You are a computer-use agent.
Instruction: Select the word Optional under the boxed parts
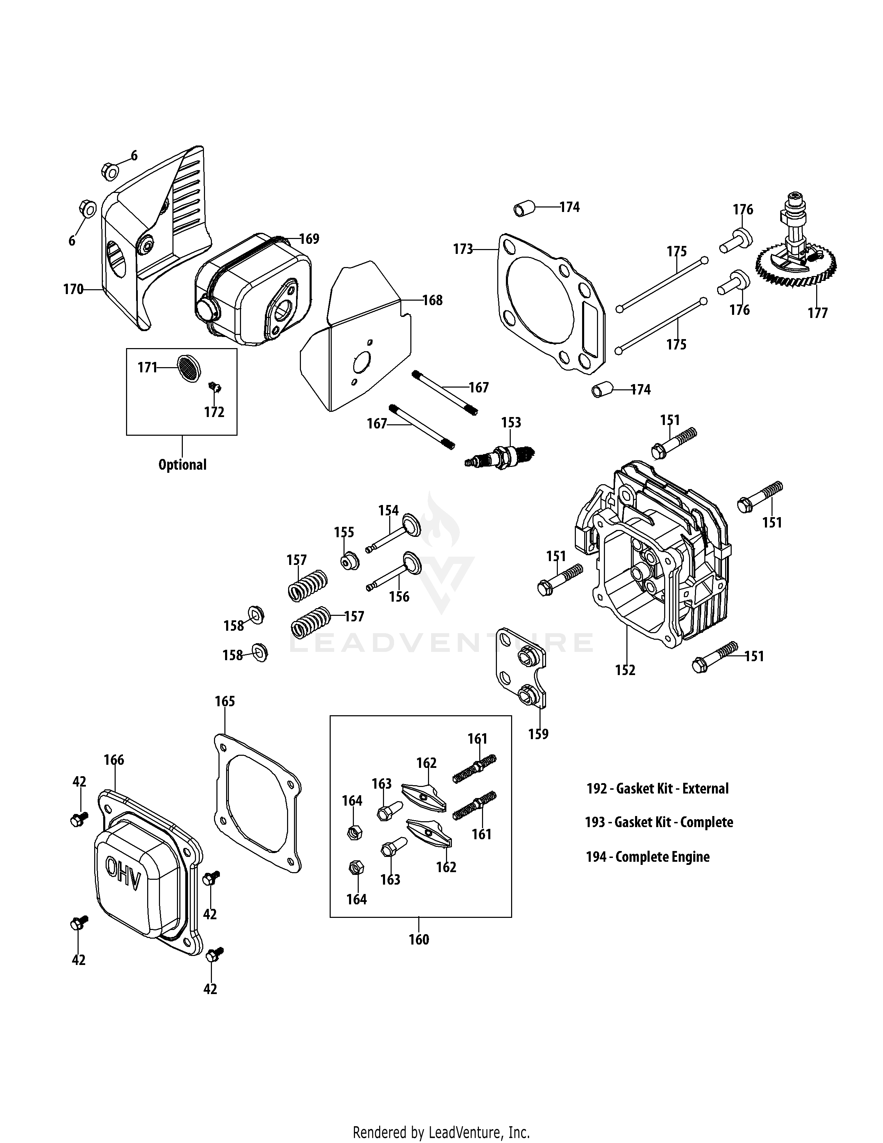[182, 465]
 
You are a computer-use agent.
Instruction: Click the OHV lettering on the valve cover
[124, 881]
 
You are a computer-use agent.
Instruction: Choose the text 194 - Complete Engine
[648, 857]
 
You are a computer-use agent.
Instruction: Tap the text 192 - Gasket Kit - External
[657, 788]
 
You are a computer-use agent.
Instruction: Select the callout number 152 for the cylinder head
[625, 670]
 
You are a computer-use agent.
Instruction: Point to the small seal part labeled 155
[349, 561]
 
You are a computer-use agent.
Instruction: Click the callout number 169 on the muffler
[309, 239]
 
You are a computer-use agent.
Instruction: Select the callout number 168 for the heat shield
[432, 300]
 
